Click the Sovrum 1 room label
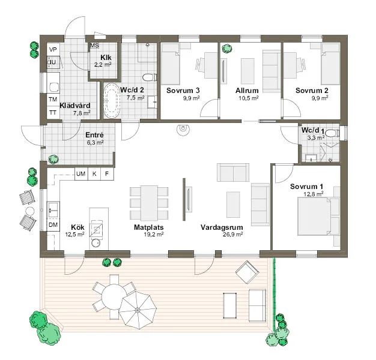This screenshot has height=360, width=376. click(x=306, y=186)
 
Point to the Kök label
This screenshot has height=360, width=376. click(x=77, y=227)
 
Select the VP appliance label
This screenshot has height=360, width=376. click(x=53, y=49)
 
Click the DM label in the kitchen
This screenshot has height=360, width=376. click(x=53, y=224)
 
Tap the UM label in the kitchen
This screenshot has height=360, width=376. click(x=80, y=174)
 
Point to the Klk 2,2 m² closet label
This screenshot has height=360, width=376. click(x=100, y=60)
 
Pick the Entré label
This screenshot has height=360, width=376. click(x=95, y=135)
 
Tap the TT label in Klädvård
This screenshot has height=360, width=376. click(x=53, y=112)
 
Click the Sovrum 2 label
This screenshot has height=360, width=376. click(x=311, y=91)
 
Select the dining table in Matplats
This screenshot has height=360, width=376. click(x=149, y=203)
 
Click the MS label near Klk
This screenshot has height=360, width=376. click(x=94, y=46)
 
